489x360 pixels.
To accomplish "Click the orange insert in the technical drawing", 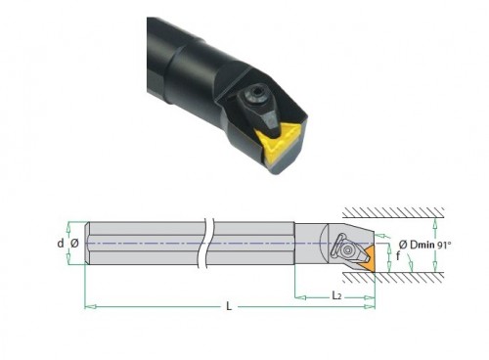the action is (x=370, y=259).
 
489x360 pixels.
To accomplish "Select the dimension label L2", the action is (x=336, y=295).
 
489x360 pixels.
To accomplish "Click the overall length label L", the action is (x=229, y=306).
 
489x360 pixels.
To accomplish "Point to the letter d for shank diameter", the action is (x=61, y=243).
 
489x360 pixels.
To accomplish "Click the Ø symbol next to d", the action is (x=74, y=243).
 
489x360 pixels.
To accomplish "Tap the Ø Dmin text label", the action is (x=417, y=245).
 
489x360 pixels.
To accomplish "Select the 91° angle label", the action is (x=444, y=245).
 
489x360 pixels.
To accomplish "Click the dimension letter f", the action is (x=398, y=256).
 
